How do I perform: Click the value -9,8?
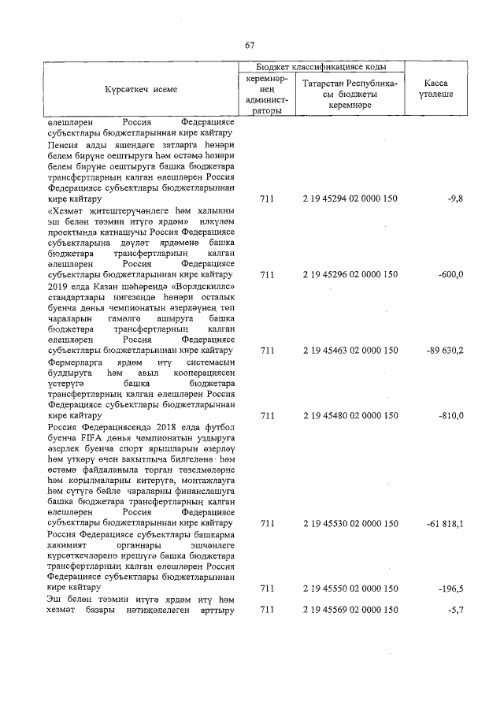pyautogui.click(x=454, y=201)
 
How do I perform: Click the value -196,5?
pyautogui.click(x=450, y=588)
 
